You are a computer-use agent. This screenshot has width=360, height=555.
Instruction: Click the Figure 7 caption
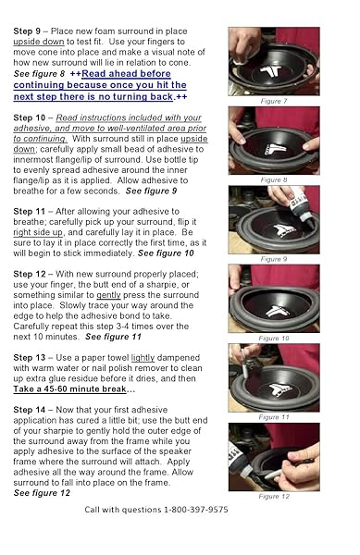pyautogui.click(x=273, y=100)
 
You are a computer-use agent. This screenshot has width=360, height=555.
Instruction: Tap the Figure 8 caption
pyautogui.click(x=273, y=179)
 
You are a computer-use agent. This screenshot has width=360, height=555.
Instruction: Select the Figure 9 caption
pyautogui.click(x=273, y=259)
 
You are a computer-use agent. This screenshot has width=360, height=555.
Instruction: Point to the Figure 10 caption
pyautogui.click(x=273, y=339)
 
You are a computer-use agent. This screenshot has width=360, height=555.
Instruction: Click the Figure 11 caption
pyautogui.click(x=273, y=417)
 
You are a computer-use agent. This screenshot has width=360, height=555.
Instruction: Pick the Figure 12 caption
pyautogui.click(x=273, y=497)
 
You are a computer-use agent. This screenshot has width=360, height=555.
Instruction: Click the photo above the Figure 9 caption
pyautogui.click(x=273, y=219)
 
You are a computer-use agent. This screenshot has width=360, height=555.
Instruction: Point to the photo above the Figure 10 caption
pyautogui.click(x=273, y=299)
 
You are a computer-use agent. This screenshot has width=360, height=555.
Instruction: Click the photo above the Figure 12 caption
pyautogui.click(x=273, y=457)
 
